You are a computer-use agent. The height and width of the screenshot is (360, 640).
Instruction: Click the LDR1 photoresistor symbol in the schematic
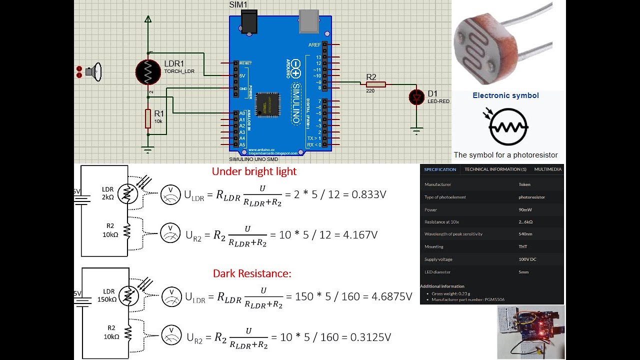[x=148, y=72]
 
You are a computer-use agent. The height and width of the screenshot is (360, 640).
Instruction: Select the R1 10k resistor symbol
[x=148, y=118]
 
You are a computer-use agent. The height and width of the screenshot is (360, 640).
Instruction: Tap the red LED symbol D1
[x=416, y=97]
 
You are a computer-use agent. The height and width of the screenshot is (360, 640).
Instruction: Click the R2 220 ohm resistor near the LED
[x=376, y=84]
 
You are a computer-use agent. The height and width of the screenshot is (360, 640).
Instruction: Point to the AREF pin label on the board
[x=314, y=45]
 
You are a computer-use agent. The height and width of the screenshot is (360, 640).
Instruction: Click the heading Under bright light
[x=254, y=171]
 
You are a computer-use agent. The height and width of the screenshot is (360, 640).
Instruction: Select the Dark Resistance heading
[x=252, y=273]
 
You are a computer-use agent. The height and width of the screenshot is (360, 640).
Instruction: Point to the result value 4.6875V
[x=392, y=296]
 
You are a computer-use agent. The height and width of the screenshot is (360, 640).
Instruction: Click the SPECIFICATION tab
[x=440, y=169]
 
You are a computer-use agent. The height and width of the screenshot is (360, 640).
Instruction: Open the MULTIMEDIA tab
[x=547, y=169]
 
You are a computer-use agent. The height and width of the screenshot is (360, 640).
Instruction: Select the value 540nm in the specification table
[x=525, y=234]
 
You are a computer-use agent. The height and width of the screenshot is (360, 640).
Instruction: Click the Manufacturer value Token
[x=524, y=184]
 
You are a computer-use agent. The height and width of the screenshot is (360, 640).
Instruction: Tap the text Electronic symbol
[x=505, y=95]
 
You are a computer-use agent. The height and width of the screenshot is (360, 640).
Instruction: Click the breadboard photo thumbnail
[x=530, y=332]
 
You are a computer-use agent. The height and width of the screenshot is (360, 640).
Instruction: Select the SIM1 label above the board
[x=238, y=4]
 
